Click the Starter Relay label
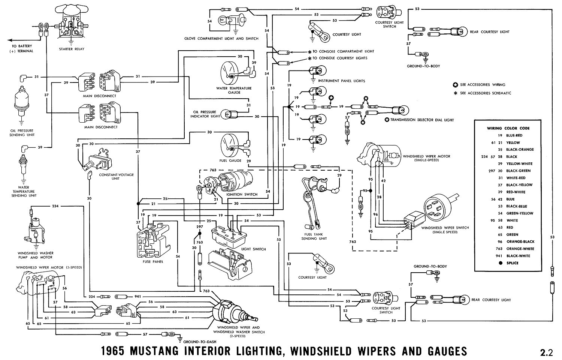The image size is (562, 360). point(72,49)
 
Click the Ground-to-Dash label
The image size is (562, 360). point(197,342)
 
